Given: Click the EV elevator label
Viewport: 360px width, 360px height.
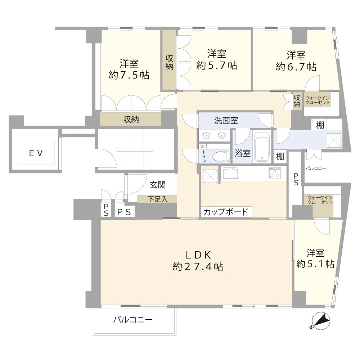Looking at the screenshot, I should (x=36, y=153).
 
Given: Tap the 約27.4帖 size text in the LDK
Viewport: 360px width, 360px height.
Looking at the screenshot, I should (x=197, y=267).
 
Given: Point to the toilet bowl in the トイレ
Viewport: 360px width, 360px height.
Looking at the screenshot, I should (x=221, y=157).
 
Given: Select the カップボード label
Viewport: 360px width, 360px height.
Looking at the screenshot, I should (x=226, y=212).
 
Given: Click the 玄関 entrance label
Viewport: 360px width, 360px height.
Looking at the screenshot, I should (x=157, y=185).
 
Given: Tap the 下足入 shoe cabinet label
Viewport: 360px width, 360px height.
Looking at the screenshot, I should (x=157, y=199).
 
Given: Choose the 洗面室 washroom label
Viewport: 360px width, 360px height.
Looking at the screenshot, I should (x=226, y=121).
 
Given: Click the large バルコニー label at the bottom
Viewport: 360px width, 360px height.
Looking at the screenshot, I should (x=133, y=320).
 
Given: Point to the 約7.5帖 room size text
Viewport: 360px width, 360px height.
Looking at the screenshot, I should (x=129, y=75).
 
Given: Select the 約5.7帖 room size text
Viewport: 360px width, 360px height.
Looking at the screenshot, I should (x=216, y=66).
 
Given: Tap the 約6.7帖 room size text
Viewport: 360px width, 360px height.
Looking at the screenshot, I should (x=296, y=67).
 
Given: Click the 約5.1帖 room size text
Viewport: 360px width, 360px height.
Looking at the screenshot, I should (x=315, y=264).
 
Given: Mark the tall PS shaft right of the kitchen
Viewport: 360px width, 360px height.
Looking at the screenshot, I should (x=296, y=179).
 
